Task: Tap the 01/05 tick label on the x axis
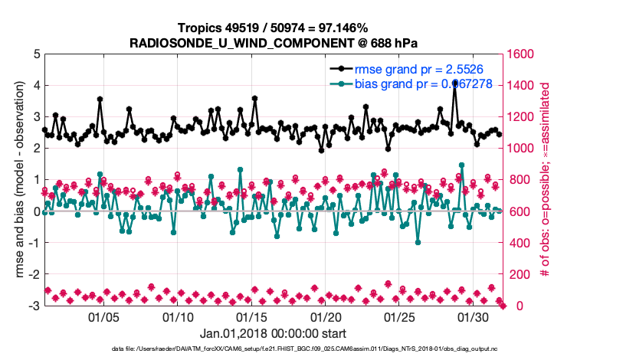pos(104,317)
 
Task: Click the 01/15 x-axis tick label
pos(252,317)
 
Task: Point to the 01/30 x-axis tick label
pos(473,317)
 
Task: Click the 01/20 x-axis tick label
pos(326,317)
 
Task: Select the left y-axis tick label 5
pos(36,54)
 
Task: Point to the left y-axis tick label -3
pos(34,306)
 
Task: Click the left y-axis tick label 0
pos(36,211)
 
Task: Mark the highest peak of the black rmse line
pos(455,82)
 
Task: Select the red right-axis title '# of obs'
pos(546,180)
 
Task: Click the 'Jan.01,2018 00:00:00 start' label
pos(273,333)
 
